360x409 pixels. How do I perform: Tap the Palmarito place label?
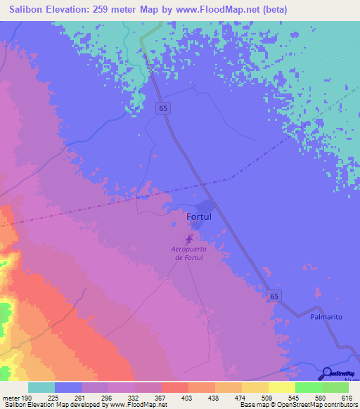tap(326, 317)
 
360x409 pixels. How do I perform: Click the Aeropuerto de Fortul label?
tap(191, 253)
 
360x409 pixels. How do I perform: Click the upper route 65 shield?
tap(163, 108)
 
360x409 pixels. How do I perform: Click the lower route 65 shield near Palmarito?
tap(274, 297)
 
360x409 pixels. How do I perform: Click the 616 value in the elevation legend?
tap(336, 398)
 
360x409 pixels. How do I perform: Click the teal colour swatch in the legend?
tap(41, 387)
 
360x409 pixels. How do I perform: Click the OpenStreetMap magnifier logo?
tap(326, 373)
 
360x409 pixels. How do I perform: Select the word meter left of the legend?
tap(13, 398)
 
